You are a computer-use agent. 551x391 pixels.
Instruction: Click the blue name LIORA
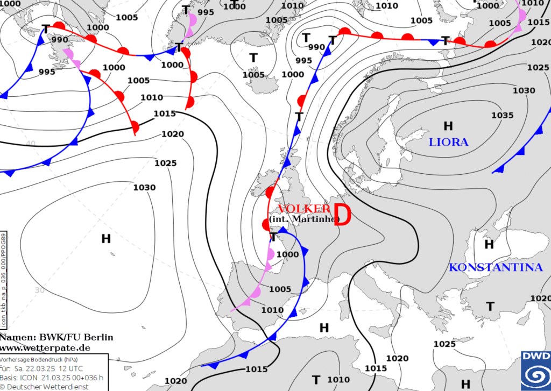[448, 143]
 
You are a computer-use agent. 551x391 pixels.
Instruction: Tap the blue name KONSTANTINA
[496, 267]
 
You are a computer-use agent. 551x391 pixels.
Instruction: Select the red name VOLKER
[303, 209]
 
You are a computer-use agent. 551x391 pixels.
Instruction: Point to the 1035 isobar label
[502, 115]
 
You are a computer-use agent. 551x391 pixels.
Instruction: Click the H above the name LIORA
[448, 126]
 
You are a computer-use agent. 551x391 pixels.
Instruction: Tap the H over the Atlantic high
[106, 238]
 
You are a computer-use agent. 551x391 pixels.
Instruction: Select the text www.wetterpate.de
[45, 347]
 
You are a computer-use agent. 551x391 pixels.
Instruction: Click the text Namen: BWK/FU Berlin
[56, 337]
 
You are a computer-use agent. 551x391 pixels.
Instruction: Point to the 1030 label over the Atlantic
[144, 187]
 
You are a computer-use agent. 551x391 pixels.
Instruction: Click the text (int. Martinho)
[305, 219]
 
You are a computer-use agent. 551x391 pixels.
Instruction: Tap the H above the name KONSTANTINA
[489, 244]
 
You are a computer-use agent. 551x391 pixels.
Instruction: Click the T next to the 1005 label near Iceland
[253, 58]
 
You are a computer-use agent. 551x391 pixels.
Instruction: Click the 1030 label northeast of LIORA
[524, 90]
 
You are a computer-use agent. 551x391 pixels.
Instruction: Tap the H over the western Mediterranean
[324, 328]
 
